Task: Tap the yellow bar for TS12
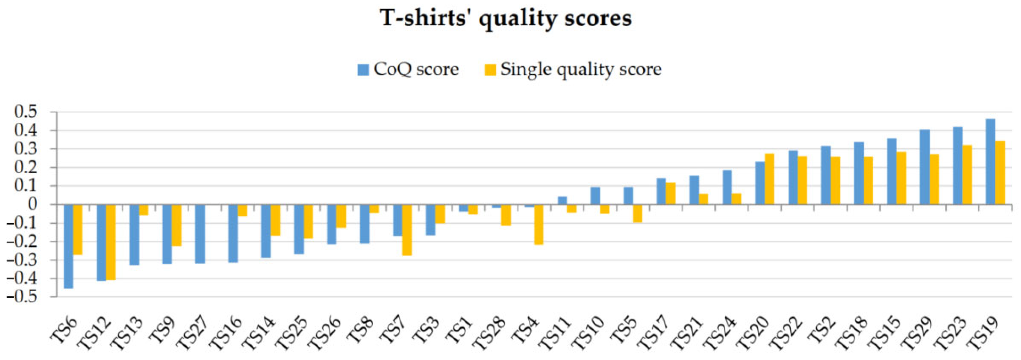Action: coord(111,242)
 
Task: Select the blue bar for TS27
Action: coord(200,234)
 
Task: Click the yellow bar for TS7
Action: coord(407,230)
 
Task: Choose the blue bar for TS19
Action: coord(990,162)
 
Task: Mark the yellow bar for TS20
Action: coord(769,179)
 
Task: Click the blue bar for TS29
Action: coord(925,167)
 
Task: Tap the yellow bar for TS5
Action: coord(637,213)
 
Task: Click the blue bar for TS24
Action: coord(727,187)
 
